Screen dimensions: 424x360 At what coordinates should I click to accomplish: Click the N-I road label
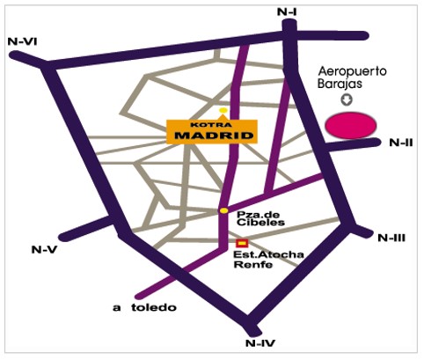[x=287, y=12]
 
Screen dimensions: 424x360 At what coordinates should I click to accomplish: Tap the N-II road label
[x=401, y=143]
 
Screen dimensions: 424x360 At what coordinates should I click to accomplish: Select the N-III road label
[x=391, y=238]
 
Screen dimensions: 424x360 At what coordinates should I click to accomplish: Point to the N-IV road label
[x=260, y=342]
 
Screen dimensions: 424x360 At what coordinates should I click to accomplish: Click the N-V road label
[x=44, y=250]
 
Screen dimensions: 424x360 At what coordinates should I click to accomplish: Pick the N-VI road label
[x=22, y=41]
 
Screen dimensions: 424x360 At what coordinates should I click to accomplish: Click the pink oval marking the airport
[x=351, y=125]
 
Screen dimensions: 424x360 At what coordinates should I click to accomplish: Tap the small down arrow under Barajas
[x=347, y=100]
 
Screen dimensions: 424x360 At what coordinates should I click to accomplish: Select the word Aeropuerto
[x=353, y=71]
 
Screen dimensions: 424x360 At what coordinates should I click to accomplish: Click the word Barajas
[x=340, y=84]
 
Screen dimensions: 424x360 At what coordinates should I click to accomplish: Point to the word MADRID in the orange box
[x=214, y=136]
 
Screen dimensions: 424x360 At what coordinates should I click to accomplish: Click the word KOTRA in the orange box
[x=211, y=125]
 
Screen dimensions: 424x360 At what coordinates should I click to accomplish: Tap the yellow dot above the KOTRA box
[x=223, y=110]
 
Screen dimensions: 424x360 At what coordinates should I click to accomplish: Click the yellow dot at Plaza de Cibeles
[x=224, y=210]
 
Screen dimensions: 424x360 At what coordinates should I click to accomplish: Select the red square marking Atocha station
[x=242, y=243]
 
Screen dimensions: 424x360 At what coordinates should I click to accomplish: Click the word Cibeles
[x=260, y=222]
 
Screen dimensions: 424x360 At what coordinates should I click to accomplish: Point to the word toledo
[x=154, y=307]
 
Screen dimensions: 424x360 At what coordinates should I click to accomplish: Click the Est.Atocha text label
[x=268, y=254]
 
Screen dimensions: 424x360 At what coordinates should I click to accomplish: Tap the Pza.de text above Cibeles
[x=254, y=214]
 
